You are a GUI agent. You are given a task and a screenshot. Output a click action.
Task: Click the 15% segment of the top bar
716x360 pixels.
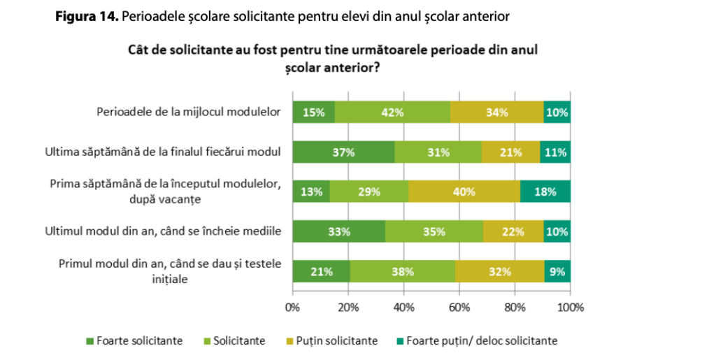(313, 112)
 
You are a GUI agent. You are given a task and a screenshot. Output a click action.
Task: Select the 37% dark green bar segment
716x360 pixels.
(343, 152)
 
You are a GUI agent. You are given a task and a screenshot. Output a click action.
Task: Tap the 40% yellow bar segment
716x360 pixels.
(464, 192)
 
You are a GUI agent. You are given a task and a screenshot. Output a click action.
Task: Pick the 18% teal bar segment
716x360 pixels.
(545, 192)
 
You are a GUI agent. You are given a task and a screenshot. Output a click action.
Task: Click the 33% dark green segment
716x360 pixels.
(338, 231)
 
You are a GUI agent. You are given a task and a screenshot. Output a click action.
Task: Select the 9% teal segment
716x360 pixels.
(558, 272)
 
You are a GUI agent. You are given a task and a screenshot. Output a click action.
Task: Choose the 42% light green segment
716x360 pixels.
(392, 112)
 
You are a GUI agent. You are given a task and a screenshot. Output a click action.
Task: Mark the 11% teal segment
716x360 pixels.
(555, 152)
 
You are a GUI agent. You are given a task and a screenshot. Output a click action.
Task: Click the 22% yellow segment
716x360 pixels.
(513, 231)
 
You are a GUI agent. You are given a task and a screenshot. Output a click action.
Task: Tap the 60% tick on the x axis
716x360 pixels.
(459, 306)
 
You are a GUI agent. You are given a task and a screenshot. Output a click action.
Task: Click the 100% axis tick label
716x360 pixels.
(570, 306)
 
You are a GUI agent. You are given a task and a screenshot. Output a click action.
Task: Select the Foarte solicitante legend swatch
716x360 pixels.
(89, 341)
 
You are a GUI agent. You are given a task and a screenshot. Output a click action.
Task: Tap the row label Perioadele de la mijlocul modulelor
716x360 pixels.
(188, 112)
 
